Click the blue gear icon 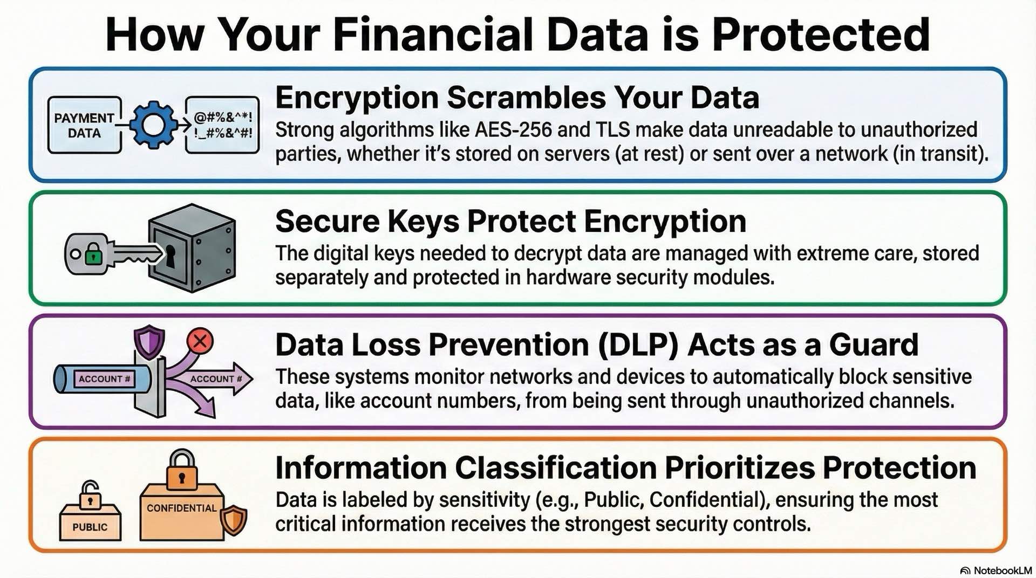pos(153,125)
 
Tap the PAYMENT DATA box pos(84,125)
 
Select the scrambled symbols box pos(222,125)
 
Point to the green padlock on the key pos(93,253)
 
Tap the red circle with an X pos(200,341)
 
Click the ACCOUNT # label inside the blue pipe pos(104,379)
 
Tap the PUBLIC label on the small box pos(90,527)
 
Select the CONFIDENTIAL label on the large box pos(181,508)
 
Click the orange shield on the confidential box pos(234,520)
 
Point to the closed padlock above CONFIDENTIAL pos(182,470)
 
